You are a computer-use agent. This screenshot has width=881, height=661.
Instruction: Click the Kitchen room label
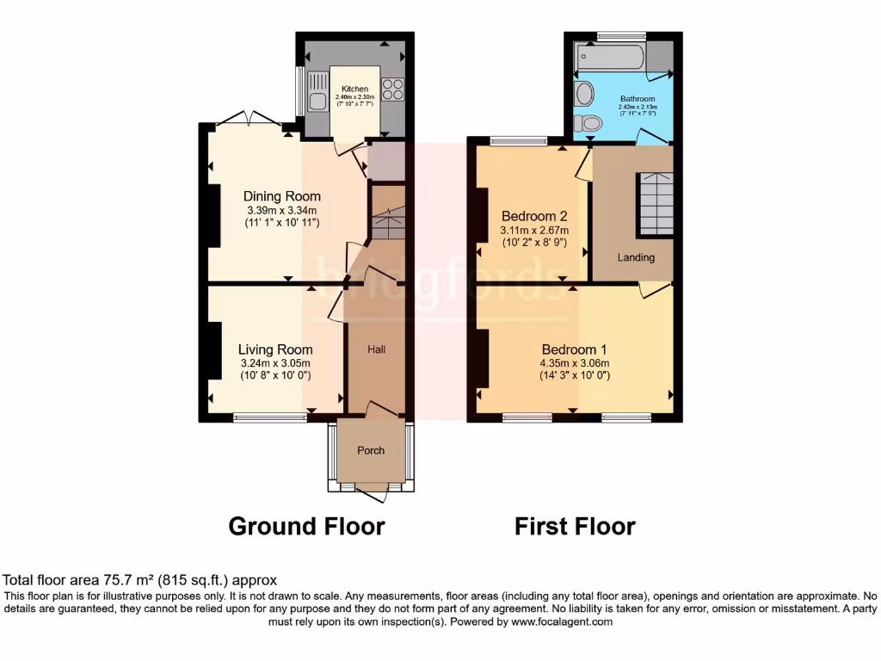[354, 89]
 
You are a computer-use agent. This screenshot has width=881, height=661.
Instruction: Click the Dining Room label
[281, 196]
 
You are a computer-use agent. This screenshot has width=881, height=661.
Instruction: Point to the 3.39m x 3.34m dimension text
[281, 210]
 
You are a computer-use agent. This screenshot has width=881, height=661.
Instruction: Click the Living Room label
[275, 349]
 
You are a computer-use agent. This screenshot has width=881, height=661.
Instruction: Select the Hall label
[376, 349]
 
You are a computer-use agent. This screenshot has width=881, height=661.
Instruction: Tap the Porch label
[371, 450]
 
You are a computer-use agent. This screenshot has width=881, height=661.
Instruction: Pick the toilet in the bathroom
[589, 124]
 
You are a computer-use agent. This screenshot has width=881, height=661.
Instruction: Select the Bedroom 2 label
[533, 215]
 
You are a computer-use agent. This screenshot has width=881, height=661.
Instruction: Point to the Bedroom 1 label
[574, 349]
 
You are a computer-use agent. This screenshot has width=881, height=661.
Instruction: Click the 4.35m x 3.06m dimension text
[574, 362]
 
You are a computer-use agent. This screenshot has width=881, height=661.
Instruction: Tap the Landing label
[636, 257]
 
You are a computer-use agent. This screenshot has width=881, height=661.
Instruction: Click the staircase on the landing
[655, 203]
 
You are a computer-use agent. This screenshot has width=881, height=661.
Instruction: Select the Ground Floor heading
[306, 526]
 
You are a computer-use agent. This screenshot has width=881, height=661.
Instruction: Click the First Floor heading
[575, 526]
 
